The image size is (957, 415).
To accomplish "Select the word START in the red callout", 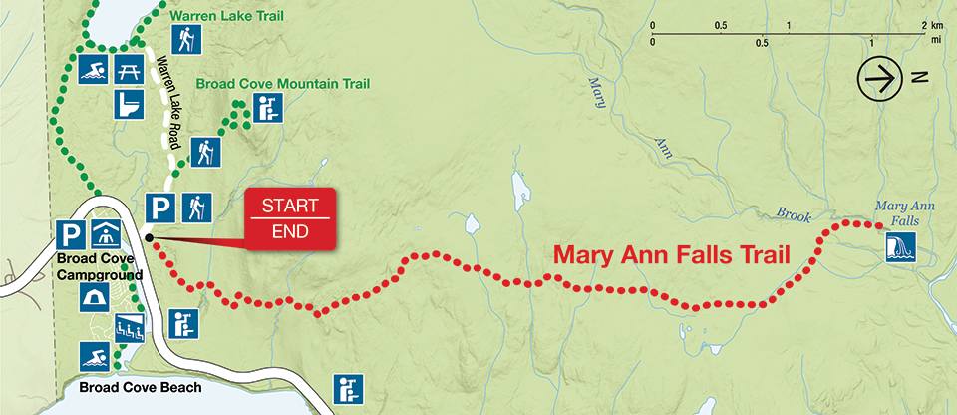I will (285, 207).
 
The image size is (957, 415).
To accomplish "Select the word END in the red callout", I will (285, 231).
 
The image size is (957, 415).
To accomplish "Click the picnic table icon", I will (127, 70).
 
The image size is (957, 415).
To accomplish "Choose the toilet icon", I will (127, 103).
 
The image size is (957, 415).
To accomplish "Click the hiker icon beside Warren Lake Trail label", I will (184, 39).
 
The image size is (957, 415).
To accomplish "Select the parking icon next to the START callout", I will (159, 207).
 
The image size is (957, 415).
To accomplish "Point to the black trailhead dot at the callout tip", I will (148, 237).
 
